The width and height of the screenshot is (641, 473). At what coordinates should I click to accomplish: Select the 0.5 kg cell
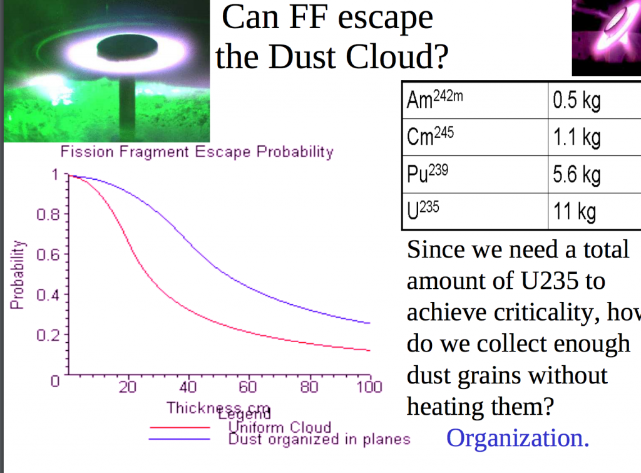[576, 100]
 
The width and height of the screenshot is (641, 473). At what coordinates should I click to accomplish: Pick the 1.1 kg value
[576, 137]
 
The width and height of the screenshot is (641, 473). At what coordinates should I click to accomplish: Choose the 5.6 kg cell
[576, 174]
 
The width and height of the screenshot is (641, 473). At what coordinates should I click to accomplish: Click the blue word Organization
[518, 438]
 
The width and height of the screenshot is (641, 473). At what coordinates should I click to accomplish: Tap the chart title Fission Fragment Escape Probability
[197, 152]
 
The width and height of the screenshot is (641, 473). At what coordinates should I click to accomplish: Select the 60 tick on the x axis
[248, 387]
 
